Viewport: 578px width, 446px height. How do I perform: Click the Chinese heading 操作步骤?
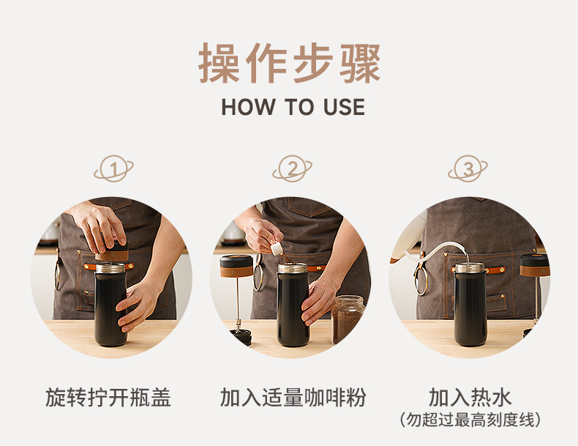click(290, 64)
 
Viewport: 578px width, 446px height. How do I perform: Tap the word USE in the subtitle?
click(345, 107)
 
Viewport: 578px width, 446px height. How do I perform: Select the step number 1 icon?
click(113, 168)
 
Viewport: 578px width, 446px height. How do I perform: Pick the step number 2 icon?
click(293, 168)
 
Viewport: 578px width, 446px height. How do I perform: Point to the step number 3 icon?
click(468, 168)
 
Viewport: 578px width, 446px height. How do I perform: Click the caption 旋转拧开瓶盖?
click(108, 398)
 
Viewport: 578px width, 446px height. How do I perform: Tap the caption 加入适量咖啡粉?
click(293, 398)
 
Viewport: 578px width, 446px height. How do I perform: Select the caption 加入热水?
click(470, 398)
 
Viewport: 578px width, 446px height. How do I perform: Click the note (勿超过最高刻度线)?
click(470, 420)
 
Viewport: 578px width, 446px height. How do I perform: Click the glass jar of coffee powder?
click(348, 319)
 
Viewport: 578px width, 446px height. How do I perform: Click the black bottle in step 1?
click(110, 305)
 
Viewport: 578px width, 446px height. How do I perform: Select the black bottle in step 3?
click(470, 305)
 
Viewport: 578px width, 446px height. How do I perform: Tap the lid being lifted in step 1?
click(111, 252)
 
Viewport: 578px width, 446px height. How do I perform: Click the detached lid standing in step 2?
click(236, 267)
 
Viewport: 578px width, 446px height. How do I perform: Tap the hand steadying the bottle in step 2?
click(319, 301)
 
